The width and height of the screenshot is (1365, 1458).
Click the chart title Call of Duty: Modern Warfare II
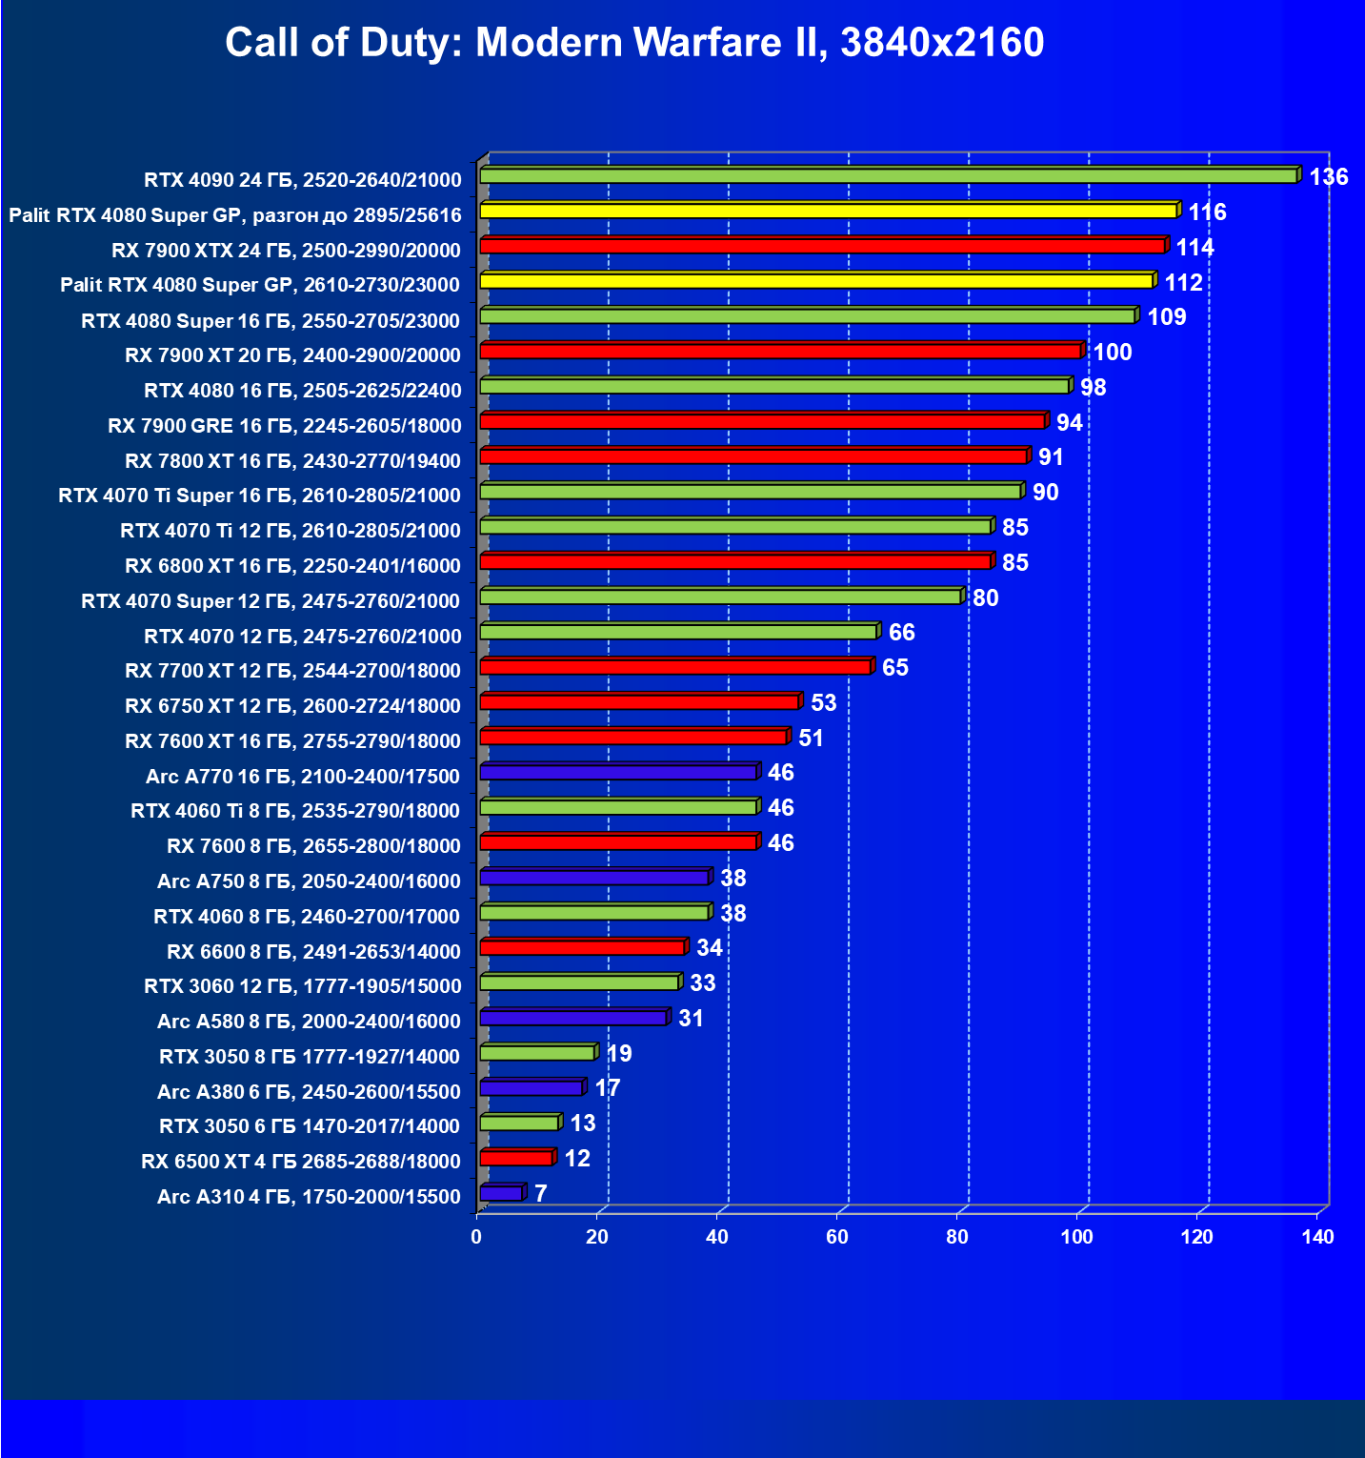(634, 43)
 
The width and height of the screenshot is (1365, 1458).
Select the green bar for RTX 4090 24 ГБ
(888, 175)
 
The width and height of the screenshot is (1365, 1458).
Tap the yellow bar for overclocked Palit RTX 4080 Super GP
(828, 211)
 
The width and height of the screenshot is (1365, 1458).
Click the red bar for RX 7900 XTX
(822, 246)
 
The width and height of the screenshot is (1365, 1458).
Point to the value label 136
(1328, 177)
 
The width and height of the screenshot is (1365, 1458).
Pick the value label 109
(1166, 317)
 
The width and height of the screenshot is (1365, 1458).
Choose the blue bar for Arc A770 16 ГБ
(618, 772)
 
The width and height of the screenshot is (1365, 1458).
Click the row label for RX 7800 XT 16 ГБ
(292, 461)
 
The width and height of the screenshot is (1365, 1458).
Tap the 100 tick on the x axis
(1077, 1237)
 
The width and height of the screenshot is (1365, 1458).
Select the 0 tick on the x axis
(476, 1237)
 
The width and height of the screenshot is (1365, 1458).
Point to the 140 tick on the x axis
(1318, 1237)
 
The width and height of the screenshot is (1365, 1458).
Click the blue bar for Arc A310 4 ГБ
(501, 1193)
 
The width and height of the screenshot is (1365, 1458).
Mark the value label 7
(540, 1194)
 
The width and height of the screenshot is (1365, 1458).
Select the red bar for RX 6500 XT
(516, 1158)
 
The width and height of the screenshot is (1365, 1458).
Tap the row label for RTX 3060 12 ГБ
(302, 986)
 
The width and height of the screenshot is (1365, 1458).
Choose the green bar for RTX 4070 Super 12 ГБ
(720, 597)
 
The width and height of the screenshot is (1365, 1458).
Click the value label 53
(823, 703)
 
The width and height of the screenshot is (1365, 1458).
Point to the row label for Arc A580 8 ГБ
(309, 1022)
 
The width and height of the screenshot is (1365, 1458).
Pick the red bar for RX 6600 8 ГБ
(582, 947)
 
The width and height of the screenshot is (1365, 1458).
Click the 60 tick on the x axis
(837, 1237)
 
